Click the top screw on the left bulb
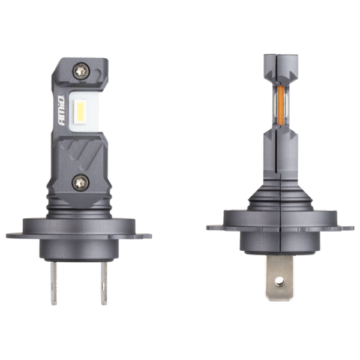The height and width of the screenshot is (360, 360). [81, 71]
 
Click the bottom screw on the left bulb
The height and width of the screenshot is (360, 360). [80, 183]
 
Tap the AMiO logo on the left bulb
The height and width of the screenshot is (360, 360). [62, 110]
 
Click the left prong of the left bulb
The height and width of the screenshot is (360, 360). [54, 283]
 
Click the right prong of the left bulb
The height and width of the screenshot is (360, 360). [104, 283]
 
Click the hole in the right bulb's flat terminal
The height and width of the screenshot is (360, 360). [280, 280]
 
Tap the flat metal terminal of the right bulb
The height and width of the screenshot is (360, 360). [280, 277]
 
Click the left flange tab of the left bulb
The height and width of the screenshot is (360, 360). [14, 236]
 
